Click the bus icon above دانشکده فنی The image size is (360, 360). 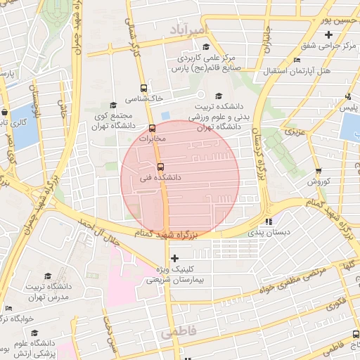pyautogui.click(x=161, y=167)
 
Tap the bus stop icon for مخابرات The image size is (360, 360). pyautogui.click(x=153, y=128)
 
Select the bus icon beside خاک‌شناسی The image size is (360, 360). pyautogui.click(x=144, y=89)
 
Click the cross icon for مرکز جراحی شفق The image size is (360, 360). pyautogui.click(x=328, y=35)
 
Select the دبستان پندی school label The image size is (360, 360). pyautogui.click(x=266, y=231)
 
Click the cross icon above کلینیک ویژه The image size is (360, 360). pyautogui.click(x=175, y=258)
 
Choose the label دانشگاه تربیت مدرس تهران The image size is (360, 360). pyautogui.click(x=49, y=292)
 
